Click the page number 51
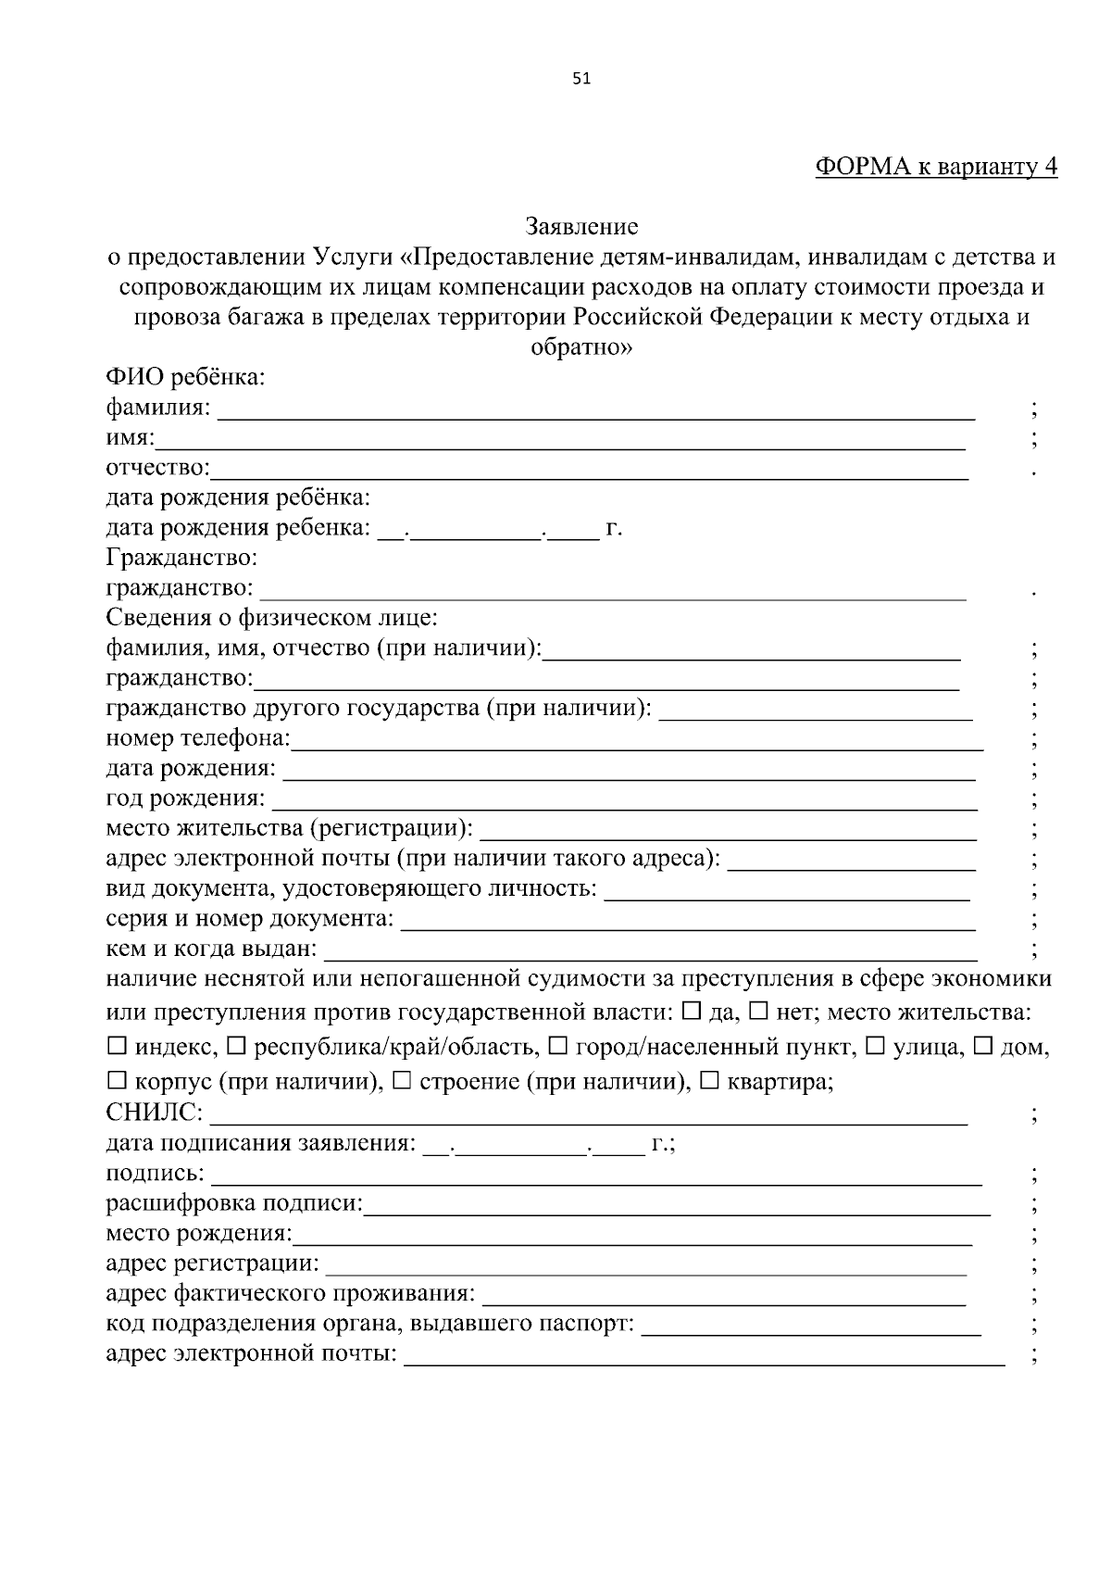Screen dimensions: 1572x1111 coord(581,80)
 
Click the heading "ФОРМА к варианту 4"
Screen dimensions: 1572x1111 coord(935,168)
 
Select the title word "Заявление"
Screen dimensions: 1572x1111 coord(581,226)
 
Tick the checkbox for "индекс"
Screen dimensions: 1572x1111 coord(117,1047)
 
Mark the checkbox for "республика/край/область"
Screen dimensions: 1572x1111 coord(236,1047)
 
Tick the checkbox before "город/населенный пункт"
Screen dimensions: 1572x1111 coord(557,1047)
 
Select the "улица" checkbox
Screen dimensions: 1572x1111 coord(874,1047)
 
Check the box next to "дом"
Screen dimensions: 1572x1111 coord(983,1047)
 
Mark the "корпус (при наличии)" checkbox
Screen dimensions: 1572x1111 coord(117,1080)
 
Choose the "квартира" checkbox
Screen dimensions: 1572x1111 coord(710,1080)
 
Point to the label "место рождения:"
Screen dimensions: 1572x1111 coord(198,1234)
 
